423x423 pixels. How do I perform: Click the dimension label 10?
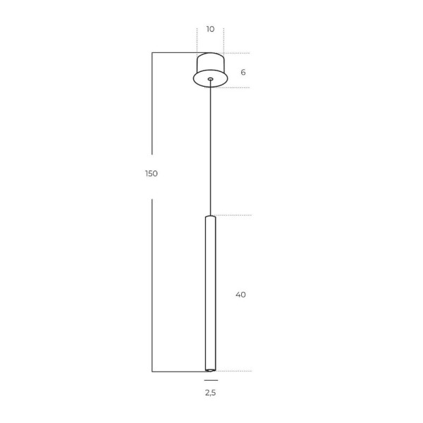pyautogui.click(x=210, y=29)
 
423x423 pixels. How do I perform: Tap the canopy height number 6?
pyautogui.click(x=243, y=72)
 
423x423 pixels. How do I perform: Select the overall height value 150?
pyautogui.click(x=151, y=173)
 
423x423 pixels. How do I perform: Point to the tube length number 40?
pyautogui.click(x=240, y=295)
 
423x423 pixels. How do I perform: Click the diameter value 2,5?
pyautogui.click(x=210, y=393)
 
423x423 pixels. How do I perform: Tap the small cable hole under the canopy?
pyautogui.click(x=210, y=79)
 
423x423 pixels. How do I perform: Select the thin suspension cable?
pyautogui.click(x=210, y=148)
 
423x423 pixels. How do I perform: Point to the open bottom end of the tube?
pyautogui.click(x=210, y=369)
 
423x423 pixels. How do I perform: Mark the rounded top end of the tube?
pyautogui.click(x=210, y=216)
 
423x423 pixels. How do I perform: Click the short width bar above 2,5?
pyautogui.click(x=210, y=380)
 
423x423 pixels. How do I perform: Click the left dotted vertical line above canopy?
pyautogui.click(x=197, y=39)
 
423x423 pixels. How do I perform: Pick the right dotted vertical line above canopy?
pyautogui.click(x=223, y=39)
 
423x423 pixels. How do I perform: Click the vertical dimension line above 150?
pyautogui.click(x=152, y=106)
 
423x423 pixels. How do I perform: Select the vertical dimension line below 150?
pyautogui.click(x=152, y=282)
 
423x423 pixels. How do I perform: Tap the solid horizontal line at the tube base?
pyautogui.click(x=176, y=371)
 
